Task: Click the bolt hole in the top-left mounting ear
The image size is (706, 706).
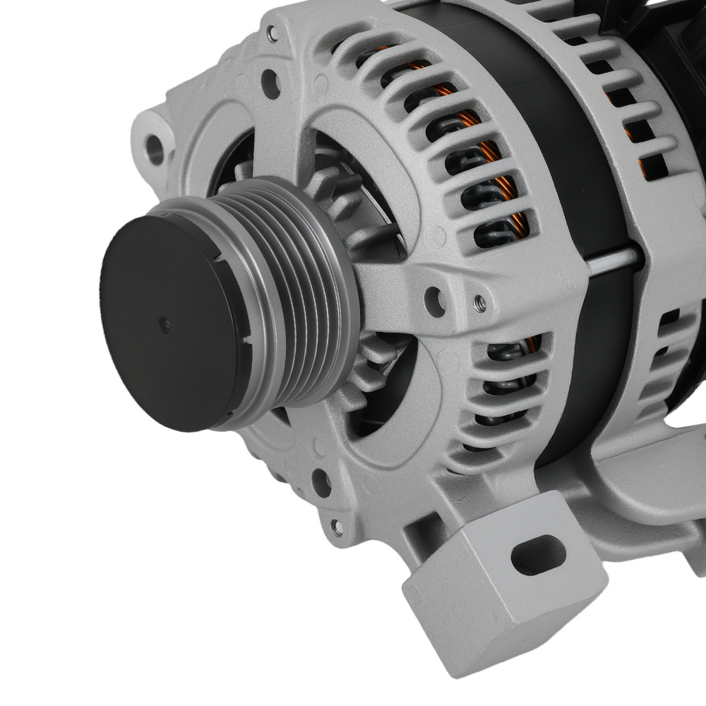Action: pos(153,147)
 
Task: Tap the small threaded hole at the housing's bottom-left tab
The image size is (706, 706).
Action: pos(330,523)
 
